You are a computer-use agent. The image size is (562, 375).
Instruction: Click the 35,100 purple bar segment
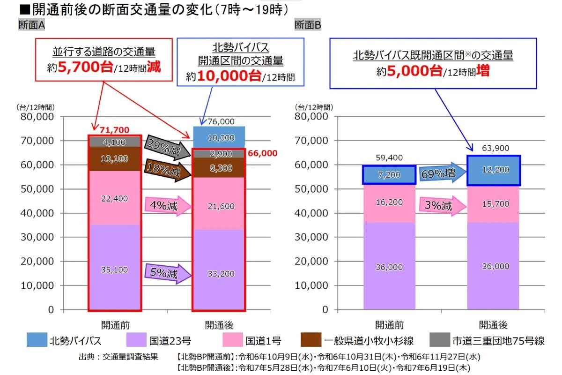tap(115, 270)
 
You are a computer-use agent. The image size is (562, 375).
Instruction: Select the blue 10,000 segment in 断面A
tap(219, 138)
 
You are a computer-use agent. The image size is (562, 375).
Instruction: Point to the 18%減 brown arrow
tap(164, 170)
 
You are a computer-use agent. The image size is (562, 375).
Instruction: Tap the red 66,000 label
tap(263, 153)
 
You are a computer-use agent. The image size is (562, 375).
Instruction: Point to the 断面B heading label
tap(307, 25)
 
